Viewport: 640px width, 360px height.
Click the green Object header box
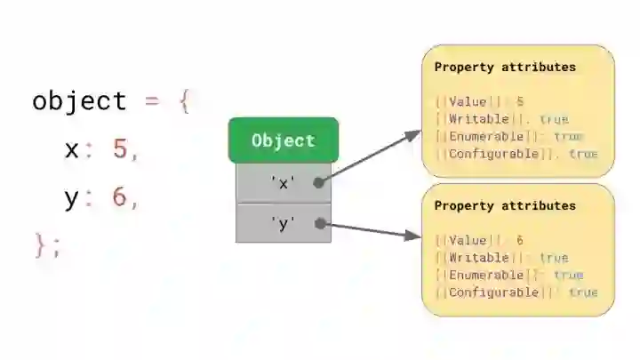[x=283, y=140]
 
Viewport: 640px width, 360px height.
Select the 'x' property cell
[x=283, y=183]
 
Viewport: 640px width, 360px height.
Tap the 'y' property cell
[x=283, y=223]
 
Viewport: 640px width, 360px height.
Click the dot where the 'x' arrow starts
[x=318, y=181]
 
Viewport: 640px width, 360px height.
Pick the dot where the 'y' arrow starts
[x=318, y=224]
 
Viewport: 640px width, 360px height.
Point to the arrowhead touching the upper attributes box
[x=413, y=134]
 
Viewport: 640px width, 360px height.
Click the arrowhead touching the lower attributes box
[x=413, y=236]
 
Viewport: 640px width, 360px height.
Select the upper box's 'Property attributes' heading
[x=504, y=68]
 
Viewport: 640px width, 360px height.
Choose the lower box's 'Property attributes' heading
[x=504, y=205]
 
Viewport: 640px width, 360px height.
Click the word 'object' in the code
[x=79, y=100]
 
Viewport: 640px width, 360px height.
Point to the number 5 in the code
[x=120, y=149]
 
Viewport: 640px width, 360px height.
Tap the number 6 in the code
[x=120, y=197]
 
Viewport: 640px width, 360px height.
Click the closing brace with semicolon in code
[x=47, y=244]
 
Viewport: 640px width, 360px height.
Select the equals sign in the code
[x=152, y=100]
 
